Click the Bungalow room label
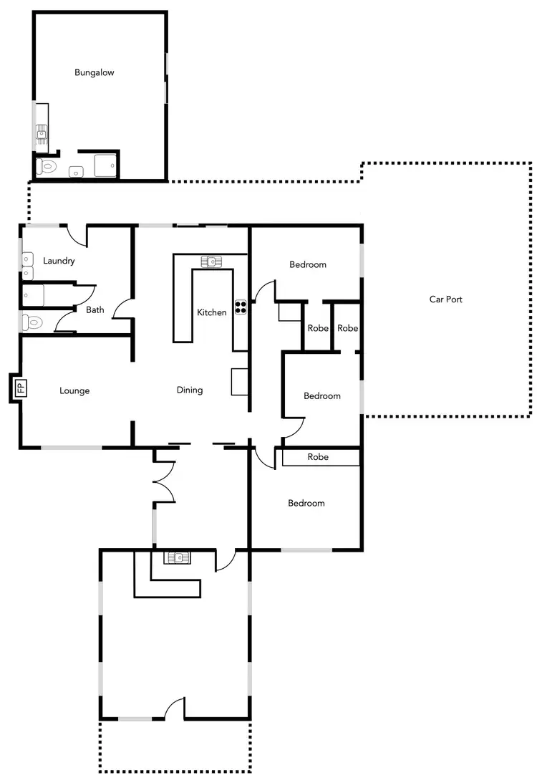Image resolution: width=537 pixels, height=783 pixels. (x=95, y=72)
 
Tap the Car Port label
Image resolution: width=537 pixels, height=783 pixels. (x=445, y=299)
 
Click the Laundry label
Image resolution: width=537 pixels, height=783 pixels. (x=59, y=261)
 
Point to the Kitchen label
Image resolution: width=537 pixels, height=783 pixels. (x=212, y=312)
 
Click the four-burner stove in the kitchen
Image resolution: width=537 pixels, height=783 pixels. (x=241, y=307)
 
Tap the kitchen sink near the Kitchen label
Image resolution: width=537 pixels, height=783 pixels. (x=213, y=261)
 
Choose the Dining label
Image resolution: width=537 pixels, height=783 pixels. (x=190, y=390)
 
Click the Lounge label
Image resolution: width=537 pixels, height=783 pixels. (x=74, y=391)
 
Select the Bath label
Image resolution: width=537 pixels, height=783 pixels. (x=95, y=310)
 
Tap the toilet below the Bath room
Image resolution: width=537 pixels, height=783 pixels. (x=33, y=322)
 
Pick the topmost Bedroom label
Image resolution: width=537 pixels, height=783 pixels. (x=308, y=264)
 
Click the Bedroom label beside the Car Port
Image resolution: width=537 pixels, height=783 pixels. (x=322, y=396)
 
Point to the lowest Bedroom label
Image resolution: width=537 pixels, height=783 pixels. (x=306, y=504)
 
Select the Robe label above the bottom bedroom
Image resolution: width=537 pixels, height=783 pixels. (x=318, y=456)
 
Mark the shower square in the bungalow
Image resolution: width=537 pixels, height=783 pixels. (x=105, y=166)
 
